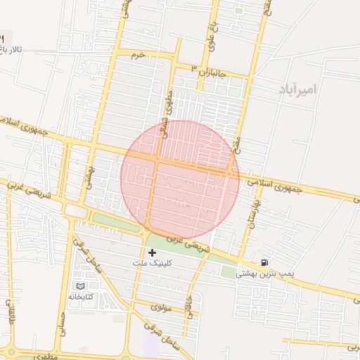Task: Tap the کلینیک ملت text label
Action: pyautogui.click(x=151, y=262)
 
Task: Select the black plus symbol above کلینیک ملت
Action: pyautogui.click(x=152, y=252)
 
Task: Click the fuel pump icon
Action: pyautogui.click(x=264, y=263)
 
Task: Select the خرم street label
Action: pyautogui.click(x=137, y=54)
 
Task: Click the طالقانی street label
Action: pyautogui.click(x=11, y=314)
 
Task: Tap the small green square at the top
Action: pyautogui.click(x=238, y=11)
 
